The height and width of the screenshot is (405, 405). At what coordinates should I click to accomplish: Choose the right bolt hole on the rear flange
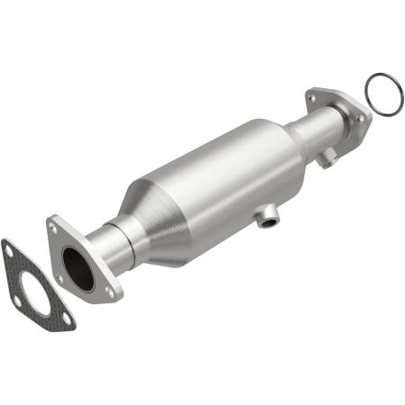(360, 117)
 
